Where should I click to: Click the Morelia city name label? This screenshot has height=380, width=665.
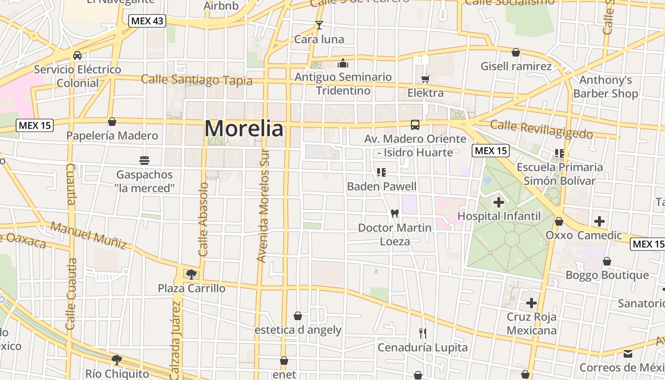pos(244,128)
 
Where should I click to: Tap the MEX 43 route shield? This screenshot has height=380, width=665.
pos(147,21)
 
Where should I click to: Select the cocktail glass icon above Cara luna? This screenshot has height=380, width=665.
pos(319,25)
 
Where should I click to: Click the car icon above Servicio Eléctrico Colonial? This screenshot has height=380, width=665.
pos(77,56)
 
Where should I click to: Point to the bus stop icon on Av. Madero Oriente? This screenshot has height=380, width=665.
pos(415,125)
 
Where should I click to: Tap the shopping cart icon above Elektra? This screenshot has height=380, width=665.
pos(425,79)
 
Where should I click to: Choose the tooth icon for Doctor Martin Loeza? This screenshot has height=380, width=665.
pos(394,213)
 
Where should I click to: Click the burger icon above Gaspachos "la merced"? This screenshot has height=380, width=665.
pos(144,161)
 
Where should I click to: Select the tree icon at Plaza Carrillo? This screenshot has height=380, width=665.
pos(191,274)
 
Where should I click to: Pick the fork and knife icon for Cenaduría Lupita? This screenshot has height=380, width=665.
pos(422,333)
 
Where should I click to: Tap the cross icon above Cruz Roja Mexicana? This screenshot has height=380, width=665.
pos(532,303)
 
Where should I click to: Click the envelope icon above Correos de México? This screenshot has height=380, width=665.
pos(628,353)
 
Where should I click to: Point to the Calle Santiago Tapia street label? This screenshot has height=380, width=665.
pos(197,80)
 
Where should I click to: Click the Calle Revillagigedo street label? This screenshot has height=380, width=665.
pos(541,129)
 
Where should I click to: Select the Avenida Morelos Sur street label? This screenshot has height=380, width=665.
pos(263,205)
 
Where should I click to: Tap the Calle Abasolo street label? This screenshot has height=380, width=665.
pos(203,219)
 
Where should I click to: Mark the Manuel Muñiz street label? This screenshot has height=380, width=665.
pos(89,235)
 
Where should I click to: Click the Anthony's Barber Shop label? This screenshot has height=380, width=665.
pos(606,86)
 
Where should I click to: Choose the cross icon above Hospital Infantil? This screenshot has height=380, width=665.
pos(498,202)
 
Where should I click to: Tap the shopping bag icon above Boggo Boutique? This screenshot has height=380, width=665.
pos(607,261)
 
